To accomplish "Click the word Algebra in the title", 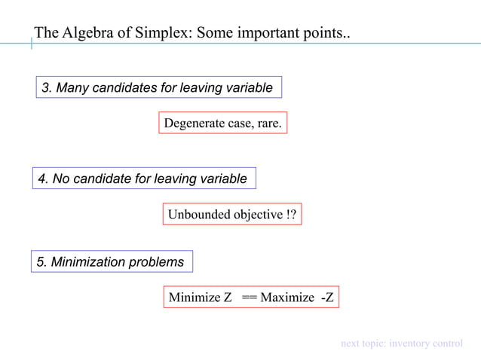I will [84, 33].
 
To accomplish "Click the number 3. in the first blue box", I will [47, 88].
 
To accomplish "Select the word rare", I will [269, 124].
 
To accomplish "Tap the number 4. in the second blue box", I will [43, 179].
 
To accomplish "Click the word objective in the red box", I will [258, 215].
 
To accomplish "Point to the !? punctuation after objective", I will [292, 215].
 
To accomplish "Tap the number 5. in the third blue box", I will [42, 262].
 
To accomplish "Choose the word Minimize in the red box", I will [194, 297].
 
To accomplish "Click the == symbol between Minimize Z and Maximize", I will [249, 297].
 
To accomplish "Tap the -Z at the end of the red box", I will [327, 297].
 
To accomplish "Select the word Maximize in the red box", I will [287, 297].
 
